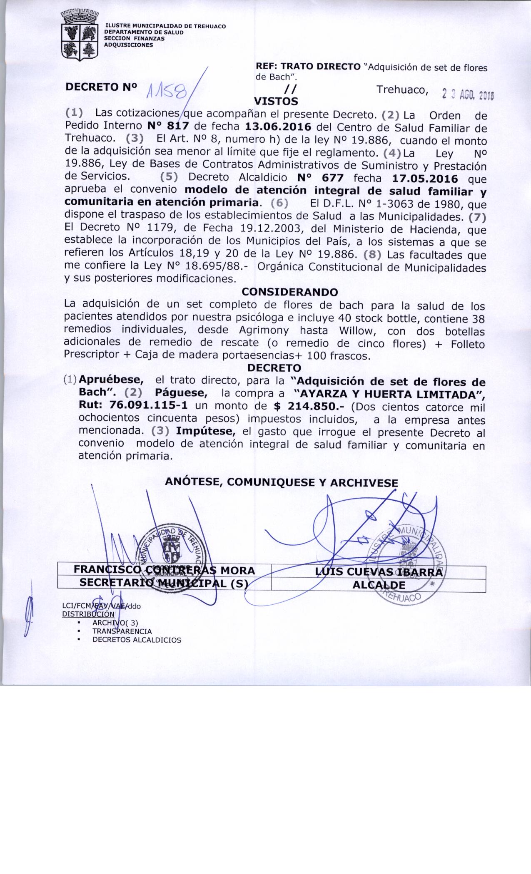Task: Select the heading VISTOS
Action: [276, 101]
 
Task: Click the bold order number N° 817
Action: [169, 126]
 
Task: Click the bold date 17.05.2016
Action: [425, 179]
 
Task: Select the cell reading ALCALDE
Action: [379, 585]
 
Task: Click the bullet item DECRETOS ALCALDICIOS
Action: [137, 640]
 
